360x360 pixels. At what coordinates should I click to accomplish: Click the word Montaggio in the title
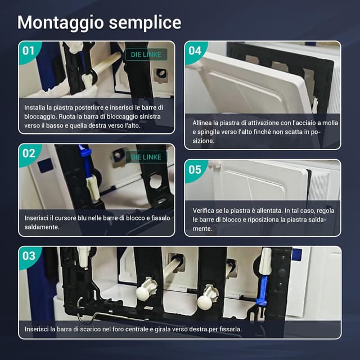click(61, 22)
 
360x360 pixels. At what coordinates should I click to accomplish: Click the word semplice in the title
click(145, 22)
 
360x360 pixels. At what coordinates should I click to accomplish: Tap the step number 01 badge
click(29, 51)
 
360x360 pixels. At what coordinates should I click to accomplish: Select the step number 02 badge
click(29, 154)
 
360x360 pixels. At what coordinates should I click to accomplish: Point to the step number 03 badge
click(29, 256)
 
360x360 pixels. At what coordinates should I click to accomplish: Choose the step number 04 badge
click(195, 51)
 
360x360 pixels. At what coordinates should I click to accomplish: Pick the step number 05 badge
click(195, 170)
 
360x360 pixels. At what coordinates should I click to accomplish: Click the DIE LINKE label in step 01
click(146, 55)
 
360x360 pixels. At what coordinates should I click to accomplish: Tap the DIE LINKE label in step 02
click(146, 157)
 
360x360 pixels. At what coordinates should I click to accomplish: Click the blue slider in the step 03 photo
click(262, 290)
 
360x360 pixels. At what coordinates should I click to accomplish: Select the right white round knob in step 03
click(206, 299)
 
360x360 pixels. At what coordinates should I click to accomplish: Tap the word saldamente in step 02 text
click(42, 227)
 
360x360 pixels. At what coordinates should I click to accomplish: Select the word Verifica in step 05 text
click(202, 211)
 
